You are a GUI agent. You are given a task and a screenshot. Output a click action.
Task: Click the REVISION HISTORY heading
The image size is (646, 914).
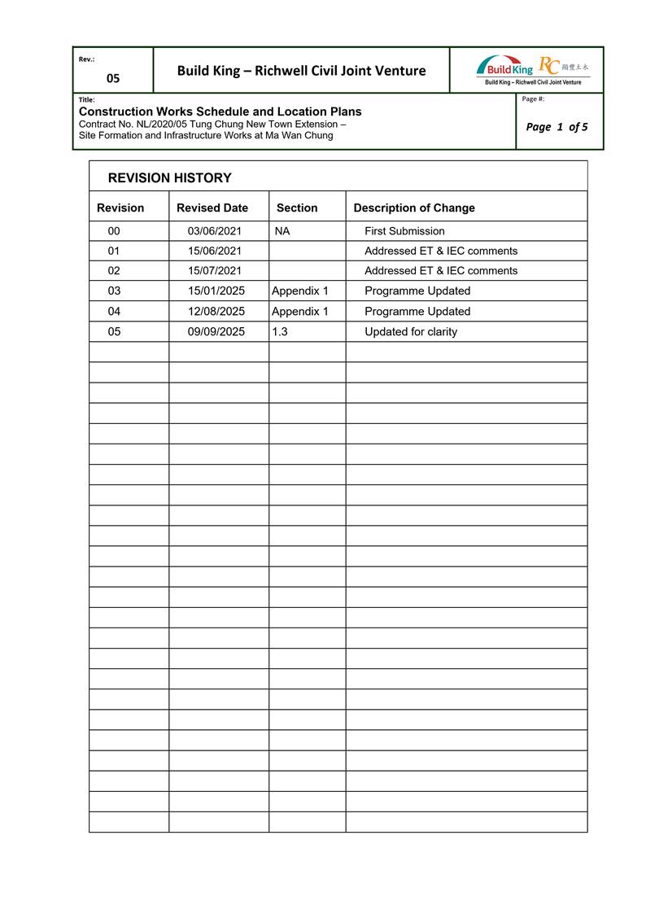click(169, 177)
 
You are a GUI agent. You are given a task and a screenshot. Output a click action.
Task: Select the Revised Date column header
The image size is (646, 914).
click(212, 208)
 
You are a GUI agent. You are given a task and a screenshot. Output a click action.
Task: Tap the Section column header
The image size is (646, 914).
click(297, 208)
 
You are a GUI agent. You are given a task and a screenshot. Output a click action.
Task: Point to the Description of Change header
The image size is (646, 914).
click(413, 208)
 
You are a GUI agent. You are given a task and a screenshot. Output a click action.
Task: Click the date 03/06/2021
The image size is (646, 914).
click(215, 231)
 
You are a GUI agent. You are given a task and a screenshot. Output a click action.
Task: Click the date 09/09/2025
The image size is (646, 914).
click(216, 331)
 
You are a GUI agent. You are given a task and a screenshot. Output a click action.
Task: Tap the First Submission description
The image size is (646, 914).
click(404, 231)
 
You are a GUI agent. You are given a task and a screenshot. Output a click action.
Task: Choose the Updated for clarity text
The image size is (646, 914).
click(411, 331)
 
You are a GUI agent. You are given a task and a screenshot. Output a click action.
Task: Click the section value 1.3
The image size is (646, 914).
click(280, 331)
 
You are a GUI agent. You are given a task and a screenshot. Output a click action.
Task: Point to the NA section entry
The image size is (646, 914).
click(282, 231)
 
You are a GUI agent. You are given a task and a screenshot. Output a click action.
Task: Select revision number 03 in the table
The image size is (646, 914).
click(114, 291)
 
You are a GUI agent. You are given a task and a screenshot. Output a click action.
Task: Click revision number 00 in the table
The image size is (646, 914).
click(114, 231)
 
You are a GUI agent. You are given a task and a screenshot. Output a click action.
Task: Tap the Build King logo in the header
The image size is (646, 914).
click(504, 68)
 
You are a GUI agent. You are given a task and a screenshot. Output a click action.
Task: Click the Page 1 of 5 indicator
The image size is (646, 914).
click(557, 126)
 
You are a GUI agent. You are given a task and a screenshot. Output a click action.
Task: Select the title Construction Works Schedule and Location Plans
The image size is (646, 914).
click(220, 112)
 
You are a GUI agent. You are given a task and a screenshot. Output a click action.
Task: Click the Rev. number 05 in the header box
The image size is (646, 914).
click(113, 78)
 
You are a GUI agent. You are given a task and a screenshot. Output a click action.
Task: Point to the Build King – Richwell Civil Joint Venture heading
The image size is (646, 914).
click(301, 71)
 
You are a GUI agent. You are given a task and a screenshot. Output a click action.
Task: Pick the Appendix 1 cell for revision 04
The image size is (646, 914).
click(299, 311)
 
